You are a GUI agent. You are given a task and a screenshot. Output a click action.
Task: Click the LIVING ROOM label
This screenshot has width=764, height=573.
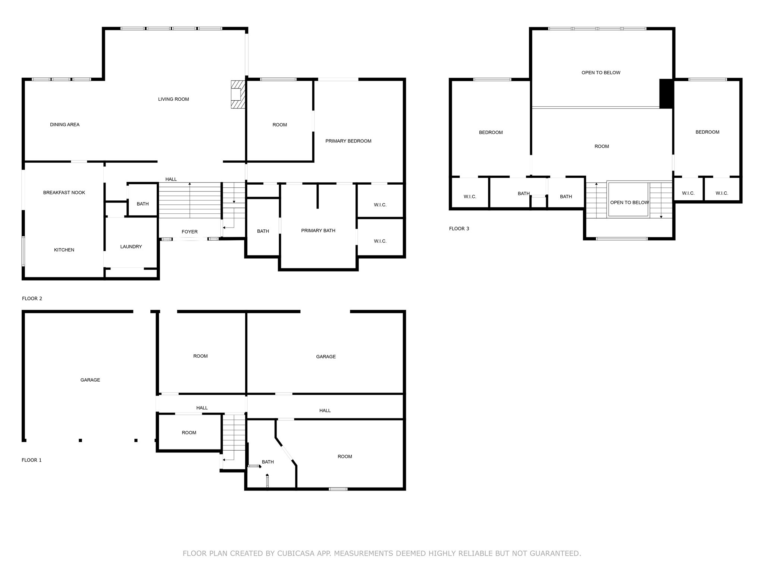click(x=173, y=99)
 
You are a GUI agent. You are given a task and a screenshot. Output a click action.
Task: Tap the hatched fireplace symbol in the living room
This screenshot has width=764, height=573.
click(x=238, y=95)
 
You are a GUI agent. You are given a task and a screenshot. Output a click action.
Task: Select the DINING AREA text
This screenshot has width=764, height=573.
click(x=65, y=125)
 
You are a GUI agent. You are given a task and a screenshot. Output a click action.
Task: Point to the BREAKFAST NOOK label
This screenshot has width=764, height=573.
click(x=64, y=192)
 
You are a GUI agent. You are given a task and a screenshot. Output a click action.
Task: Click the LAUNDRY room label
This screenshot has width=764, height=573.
click(x=131, y=247)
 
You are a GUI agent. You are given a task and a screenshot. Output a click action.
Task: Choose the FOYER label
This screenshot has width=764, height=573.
click(x=190, y=232)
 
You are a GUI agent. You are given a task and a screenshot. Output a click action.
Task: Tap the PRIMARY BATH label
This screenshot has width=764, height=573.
click(x=318, y=231)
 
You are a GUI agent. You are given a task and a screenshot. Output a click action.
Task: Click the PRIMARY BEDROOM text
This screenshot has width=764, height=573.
click(x=348, y=141)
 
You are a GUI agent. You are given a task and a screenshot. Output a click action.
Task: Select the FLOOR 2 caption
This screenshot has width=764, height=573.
click(x=32, y=298)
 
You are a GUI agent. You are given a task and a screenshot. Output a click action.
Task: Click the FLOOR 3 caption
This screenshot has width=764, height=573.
click(x=459, y=229)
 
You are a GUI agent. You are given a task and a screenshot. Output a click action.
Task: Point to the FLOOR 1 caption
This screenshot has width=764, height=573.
click(x=32, y=460)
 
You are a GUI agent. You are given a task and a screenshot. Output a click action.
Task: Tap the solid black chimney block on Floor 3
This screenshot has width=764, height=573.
click(x=666, y=94)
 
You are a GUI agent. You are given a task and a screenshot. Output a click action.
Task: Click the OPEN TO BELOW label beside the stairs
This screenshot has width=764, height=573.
click(x=629, y=203)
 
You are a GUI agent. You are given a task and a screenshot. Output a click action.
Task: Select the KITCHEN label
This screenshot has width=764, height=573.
click(x=64, y=250)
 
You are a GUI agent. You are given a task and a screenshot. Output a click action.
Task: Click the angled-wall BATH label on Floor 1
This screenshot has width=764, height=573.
click(x=267, y=462)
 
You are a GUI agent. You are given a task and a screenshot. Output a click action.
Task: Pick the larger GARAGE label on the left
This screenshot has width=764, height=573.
click(x=90, y=380)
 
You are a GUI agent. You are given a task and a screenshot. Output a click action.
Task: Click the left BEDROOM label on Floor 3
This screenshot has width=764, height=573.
click(x=491, y=132)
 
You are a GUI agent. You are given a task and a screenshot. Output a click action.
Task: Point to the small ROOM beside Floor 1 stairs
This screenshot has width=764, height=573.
click(x=189, y=433)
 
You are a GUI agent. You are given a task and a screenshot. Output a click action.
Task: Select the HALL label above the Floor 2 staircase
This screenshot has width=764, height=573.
click(x=171, y=179)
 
